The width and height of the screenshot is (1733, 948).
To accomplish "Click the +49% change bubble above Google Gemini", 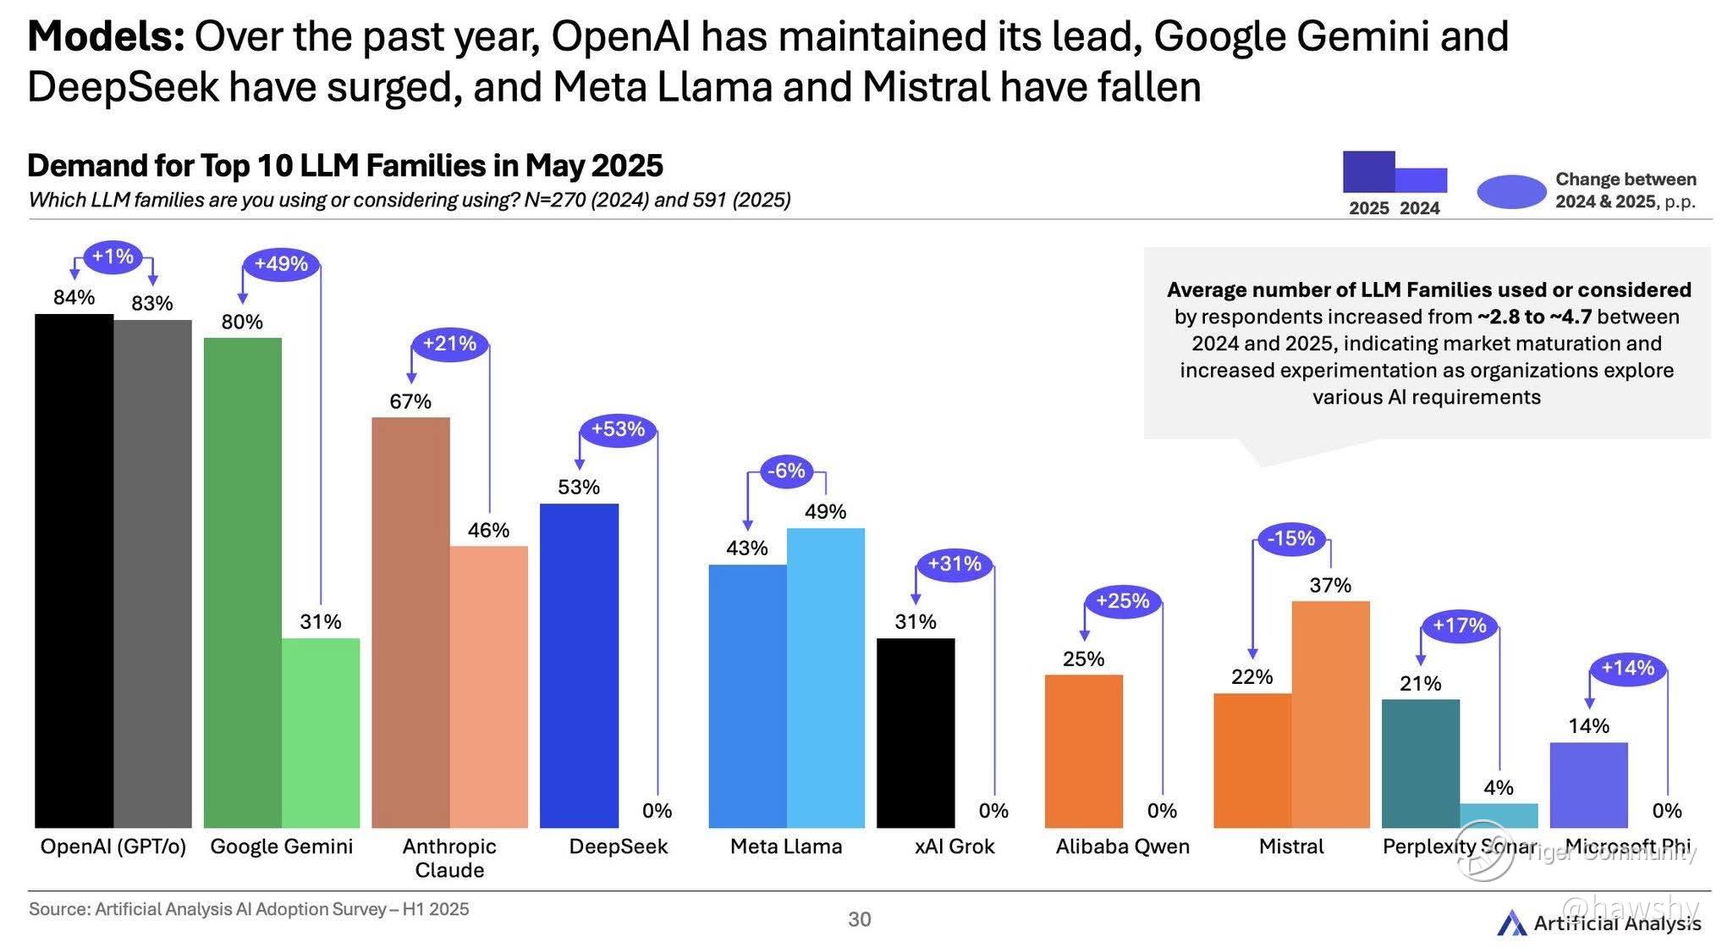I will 281,264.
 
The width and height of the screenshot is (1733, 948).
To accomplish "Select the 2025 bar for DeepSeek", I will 579,665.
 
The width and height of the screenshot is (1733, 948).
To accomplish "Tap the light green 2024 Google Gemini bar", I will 321,732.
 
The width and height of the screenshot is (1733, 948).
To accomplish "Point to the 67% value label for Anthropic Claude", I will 410,401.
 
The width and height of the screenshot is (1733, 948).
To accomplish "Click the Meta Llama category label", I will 786,846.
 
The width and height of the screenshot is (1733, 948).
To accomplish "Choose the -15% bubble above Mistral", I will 1291,538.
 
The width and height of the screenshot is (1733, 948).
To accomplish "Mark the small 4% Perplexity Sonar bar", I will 1499,815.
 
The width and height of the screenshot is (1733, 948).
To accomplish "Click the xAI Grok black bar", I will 916,732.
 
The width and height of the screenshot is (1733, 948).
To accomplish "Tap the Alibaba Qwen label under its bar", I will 1122,846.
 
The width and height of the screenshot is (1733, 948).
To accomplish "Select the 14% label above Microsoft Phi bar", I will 1588,726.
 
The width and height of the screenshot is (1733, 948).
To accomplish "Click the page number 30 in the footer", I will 859,919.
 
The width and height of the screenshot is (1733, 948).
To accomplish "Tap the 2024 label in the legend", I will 1420,208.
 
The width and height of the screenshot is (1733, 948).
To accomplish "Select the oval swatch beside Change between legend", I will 1511,192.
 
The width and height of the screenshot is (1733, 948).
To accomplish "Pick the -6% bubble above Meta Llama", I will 786,471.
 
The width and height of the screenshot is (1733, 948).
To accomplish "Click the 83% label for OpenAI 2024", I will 152,303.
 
